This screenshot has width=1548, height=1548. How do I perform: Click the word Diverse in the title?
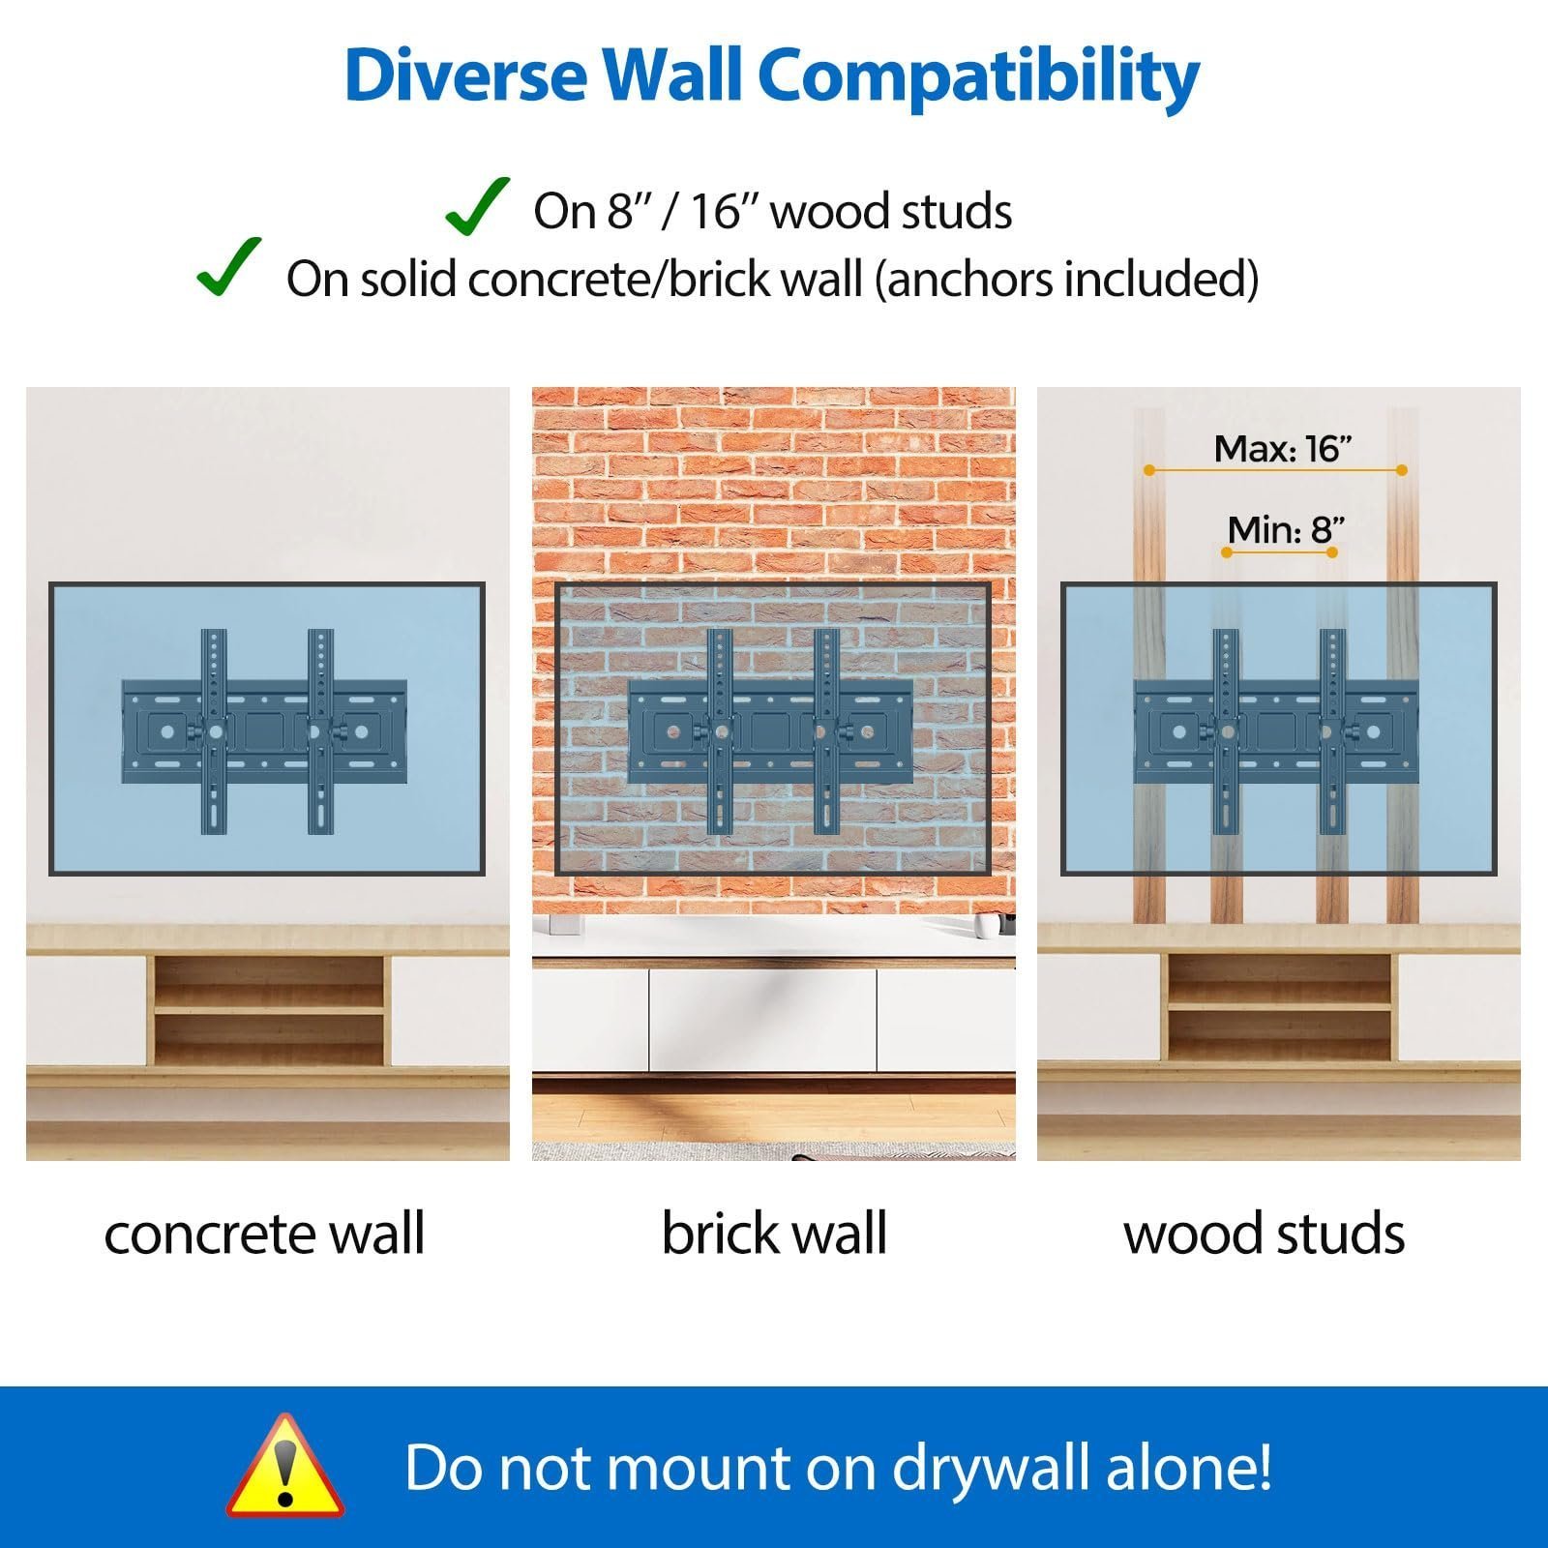pos(464,74)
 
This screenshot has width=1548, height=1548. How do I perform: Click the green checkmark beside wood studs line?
pos(477,206)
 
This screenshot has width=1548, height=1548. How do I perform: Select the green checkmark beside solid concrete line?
pos(228,267)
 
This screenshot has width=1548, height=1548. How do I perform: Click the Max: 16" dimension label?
pos(1282,449)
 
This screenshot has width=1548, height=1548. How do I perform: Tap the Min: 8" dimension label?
pos(1286,530)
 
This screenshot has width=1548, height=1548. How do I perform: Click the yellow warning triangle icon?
pos(284,1467)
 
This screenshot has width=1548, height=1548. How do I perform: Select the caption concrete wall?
pos(264,1234)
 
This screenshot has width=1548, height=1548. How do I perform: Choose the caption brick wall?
pos(774,1234)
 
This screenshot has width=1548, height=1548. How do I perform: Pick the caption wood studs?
pos(1264,1234)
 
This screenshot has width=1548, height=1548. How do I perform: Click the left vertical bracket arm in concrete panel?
pos(214,731)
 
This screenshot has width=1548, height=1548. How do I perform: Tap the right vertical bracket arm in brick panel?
pos(827,731)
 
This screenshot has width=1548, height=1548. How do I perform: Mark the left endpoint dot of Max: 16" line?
pos(1148,470)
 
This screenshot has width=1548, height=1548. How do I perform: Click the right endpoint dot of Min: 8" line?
pos(1332,552)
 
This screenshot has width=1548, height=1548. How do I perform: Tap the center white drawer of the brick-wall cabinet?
pos(762,1018)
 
